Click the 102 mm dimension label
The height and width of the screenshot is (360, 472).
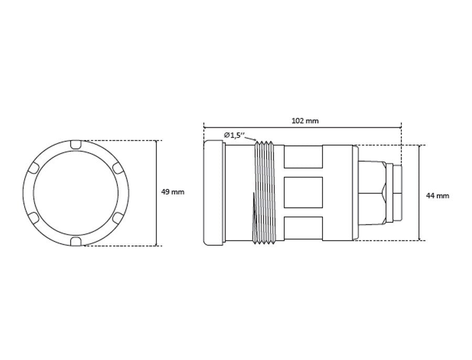(305, 121)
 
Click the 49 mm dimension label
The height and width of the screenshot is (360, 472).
(173, 192)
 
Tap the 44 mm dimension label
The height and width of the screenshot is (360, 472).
(437, 196)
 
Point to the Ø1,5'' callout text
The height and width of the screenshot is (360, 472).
(234, 135)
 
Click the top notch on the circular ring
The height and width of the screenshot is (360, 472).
(76, 144)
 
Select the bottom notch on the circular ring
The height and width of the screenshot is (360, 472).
(76, 242)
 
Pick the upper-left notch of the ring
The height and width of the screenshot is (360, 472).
(33, 168)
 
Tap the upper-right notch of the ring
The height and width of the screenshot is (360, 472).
(119, 168)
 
